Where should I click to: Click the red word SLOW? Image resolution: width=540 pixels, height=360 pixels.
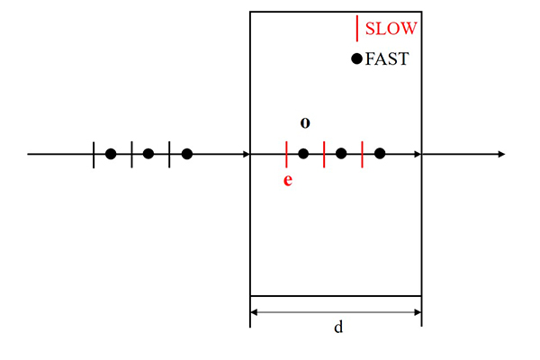click(x=391, y=29)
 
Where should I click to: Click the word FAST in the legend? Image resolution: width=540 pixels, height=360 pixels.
click(x=387, y=58)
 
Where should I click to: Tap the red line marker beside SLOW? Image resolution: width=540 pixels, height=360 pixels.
click(x=357, y=28)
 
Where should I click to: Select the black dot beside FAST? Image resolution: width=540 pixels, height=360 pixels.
click(x=356, y=58)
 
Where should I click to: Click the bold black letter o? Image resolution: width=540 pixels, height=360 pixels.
click(x=305, y=123)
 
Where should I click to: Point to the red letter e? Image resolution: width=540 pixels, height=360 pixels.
click(x=288, y=180)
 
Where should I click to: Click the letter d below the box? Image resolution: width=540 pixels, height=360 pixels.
click(x=338, y=327)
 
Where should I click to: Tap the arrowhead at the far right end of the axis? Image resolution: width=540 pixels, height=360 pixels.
click(x=501, y=154)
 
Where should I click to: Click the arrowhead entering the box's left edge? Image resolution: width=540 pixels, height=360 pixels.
click(x=247, y=154)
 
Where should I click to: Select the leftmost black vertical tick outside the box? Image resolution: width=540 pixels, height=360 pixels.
click(x=94, y=155)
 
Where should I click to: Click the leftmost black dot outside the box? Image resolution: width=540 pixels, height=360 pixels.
click(x=111, y=154)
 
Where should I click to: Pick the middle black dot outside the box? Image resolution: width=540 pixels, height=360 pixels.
click(x=148, y=154)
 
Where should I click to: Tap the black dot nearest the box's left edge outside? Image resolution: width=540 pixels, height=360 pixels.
click(x=187, y=154)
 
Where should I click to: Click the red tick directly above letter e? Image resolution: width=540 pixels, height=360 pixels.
click(x=286, y=154)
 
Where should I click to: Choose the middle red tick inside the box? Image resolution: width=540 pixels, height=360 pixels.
click(x=324, y=154)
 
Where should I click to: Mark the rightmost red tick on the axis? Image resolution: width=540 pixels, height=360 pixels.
click(x=363, y=154)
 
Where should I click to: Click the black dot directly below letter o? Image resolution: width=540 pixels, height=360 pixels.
click(x=303, y=154)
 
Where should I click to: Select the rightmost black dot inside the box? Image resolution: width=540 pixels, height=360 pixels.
click(x=380, y=154)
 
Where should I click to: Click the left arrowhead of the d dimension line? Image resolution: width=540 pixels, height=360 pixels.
click(x=254, y=312)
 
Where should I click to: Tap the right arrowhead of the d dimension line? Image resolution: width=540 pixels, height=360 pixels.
click(x=418, y=312)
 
